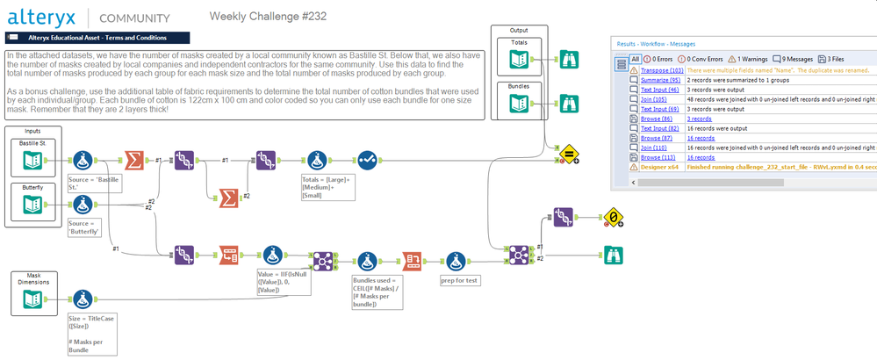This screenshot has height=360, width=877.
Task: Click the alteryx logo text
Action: pos(44,17)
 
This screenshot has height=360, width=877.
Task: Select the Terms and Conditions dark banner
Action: pos(97,38)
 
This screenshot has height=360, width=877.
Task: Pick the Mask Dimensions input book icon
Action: pos(32,301)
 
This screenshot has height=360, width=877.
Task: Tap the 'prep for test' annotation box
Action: pos(461,282)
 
